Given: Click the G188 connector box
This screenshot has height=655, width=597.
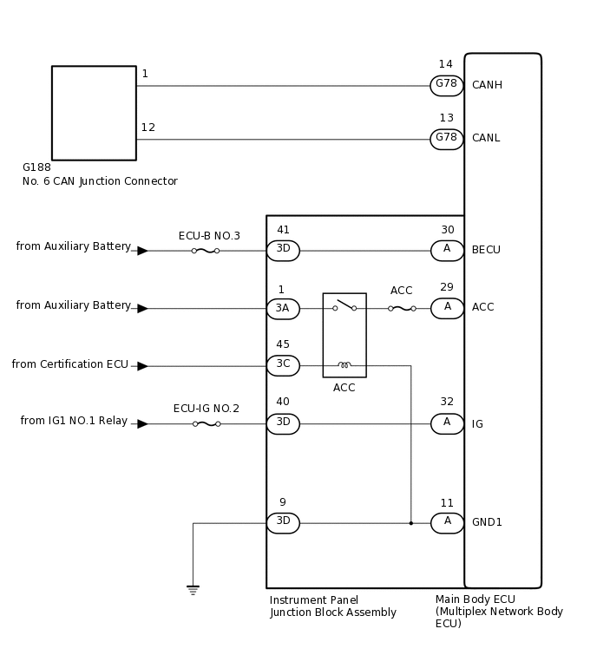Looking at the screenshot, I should coord(94,113).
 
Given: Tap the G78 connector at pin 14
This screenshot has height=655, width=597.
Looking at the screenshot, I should coord(446,85).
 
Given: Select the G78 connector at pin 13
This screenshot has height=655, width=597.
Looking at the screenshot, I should coord(446,139).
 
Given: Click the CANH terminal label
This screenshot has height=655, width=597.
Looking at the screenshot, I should coord(487,85).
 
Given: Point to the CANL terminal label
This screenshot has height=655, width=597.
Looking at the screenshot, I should coord(486,138).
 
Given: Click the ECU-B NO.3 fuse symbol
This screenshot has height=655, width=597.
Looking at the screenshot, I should coord(205,251).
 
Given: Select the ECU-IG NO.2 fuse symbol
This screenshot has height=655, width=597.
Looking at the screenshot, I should coord(206,424).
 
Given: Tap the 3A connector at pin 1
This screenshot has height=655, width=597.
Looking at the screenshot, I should coord(283,309).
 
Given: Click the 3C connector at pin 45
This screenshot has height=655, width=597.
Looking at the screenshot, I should coord(283,365).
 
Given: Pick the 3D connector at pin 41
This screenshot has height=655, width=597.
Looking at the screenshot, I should coord(283,251).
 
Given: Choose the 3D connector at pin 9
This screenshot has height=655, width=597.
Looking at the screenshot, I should coord(283,522).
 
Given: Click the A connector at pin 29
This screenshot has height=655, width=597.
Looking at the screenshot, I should coord(447,308).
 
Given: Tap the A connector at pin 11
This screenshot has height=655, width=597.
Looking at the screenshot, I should coord(447,522).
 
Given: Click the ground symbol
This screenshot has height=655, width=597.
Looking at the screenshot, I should coord(193,590).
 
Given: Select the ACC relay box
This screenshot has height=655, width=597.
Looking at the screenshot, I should coord(344,335).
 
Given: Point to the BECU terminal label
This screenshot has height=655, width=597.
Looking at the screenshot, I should coord(486,250).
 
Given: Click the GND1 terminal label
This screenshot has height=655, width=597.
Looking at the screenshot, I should coord(487,522).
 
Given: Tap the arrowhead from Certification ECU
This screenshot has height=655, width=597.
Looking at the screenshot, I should coord(142,366).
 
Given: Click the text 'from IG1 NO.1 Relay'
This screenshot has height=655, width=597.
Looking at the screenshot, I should coord(74,422).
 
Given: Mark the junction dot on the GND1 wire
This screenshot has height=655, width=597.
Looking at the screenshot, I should coord(410,523).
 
